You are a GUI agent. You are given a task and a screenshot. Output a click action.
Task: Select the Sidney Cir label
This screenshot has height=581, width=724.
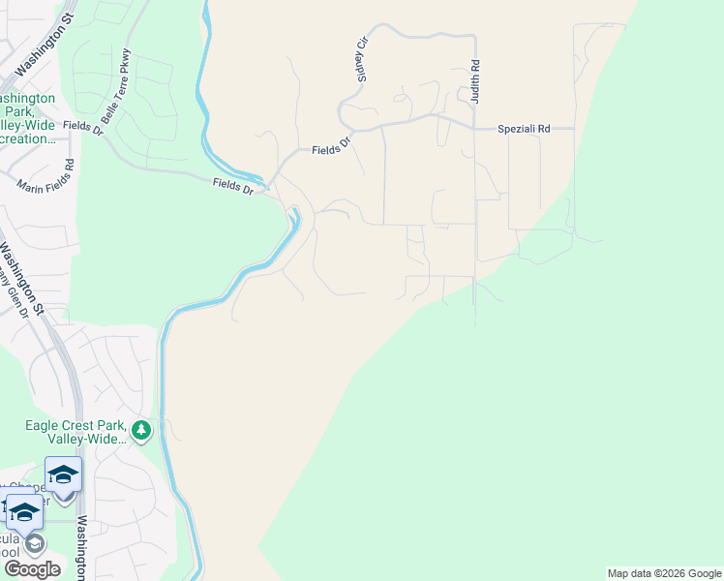tap(364, 60)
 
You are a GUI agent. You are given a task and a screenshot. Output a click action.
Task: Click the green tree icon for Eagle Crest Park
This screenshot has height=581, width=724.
tap(142, 429)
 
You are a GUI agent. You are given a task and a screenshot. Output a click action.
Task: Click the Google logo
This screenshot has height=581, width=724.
tap(32, 569)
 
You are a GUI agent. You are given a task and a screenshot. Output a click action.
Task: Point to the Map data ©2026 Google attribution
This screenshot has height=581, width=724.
tap(664, 573)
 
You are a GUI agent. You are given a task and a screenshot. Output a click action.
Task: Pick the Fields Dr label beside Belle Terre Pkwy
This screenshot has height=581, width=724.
tap(82, 125)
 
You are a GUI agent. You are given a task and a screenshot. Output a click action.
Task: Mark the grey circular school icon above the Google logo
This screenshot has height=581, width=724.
tap(35, 542)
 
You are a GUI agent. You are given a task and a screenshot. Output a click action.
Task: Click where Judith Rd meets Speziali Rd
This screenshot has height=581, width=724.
tap(475, 128)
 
